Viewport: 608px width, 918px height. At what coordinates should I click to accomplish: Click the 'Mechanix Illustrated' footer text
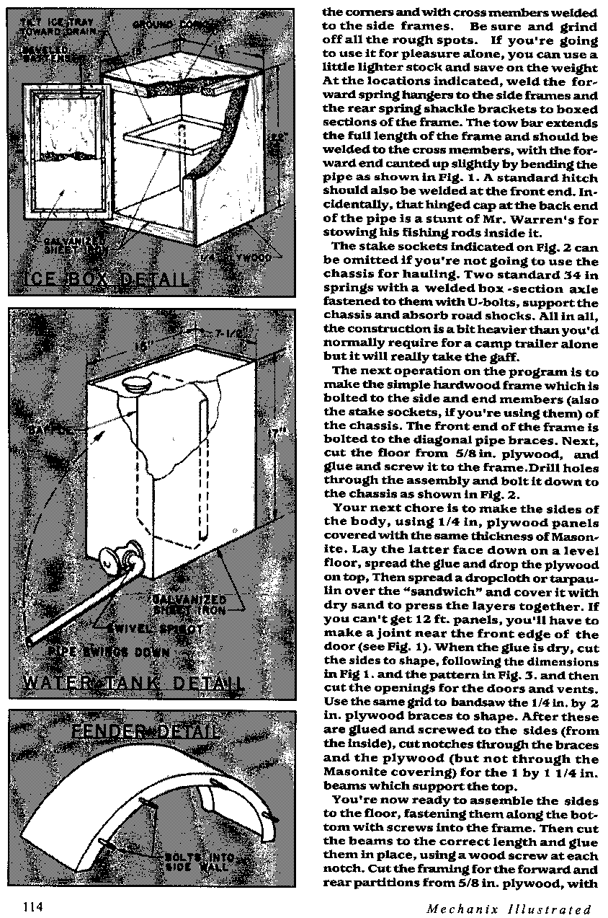[509, 908]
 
